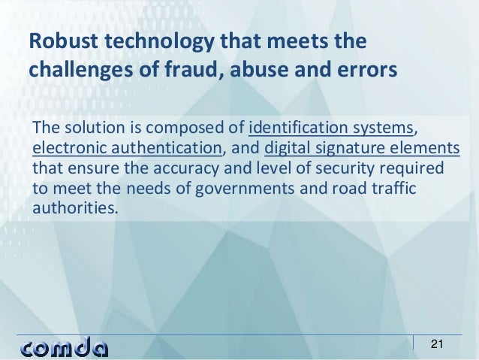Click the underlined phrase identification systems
(x=330, y=125)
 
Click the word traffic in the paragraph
(x=396, y=187)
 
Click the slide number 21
(x=437, y=345)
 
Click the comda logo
(x=65, y=347)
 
